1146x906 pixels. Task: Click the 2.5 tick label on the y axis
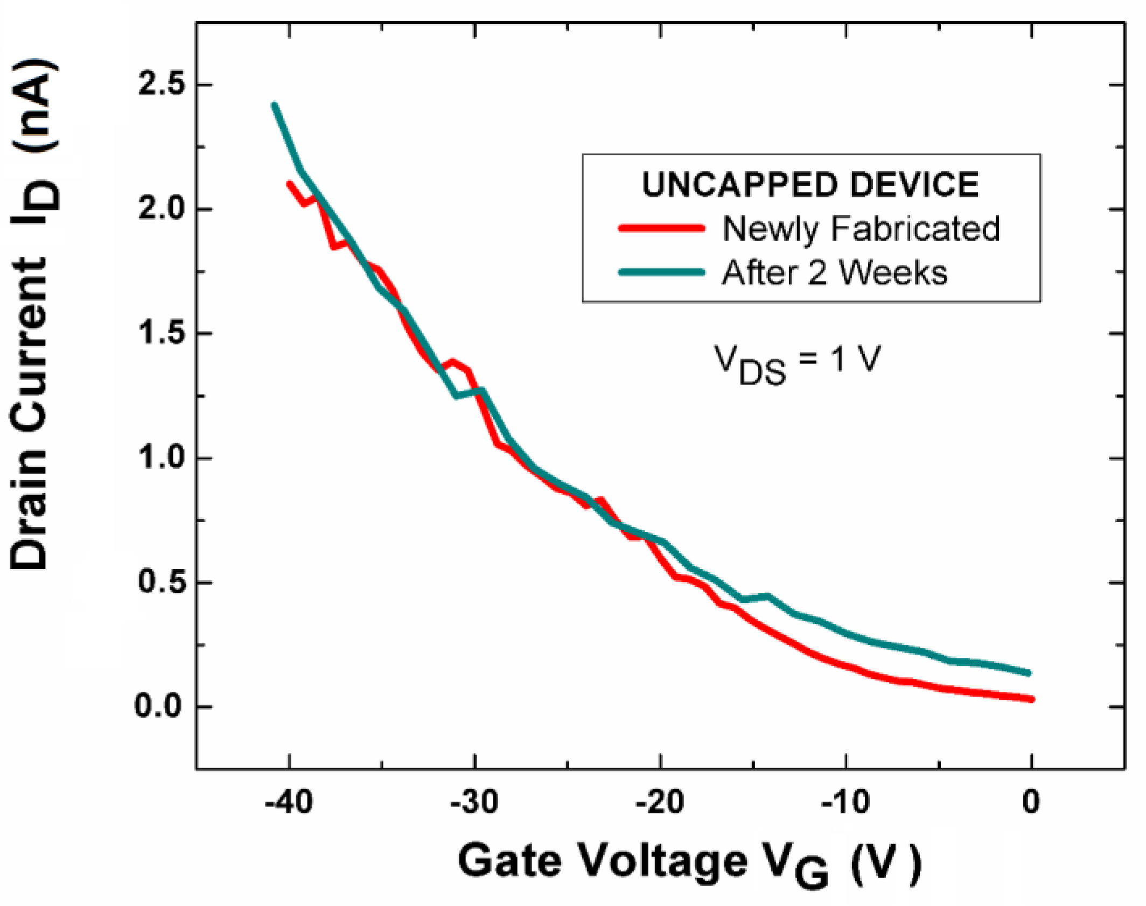(161, 85)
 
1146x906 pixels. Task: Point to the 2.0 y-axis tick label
(161, 209)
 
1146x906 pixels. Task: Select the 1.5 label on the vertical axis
(161, 333)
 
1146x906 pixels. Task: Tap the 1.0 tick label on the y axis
(161, 458)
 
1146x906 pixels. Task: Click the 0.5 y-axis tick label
(161, 582)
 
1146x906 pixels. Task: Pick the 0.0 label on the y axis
(160, 706)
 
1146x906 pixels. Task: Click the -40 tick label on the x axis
(289, 803)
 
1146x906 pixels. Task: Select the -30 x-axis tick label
(474, 803)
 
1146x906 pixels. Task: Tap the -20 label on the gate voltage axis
(660, 803)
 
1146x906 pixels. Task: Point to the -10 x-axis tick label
(845, 803)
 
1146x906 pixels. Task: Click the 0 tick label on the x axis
(1031, 803)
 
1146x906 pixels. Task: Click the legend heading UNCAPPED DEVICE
(810, 185)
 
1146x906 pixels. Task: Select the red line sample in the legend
(662, 228)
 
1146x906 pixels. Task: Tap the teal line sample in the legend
(662, 272)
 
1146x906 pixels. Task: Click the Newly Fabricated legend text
(861, 228)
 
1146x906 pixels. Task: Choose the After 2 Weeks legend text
(835, 272)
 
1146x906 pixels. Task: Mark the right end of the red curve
(1031, 699)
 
